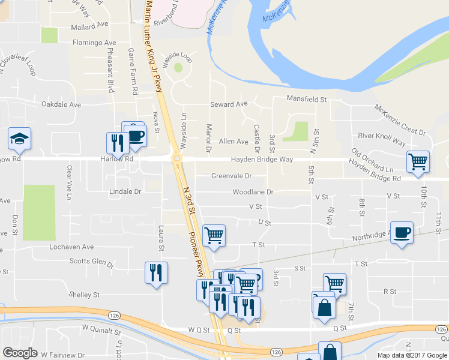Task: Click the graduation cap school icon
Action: (x=19, y=139)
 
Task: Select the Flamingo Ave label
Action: (x=94, y=43)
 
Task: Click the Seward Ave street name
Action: (x=229, y=104)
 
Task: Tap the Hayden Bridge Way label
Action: (x=262, y=160)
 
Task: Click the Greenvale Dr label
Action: (x=231, y=176)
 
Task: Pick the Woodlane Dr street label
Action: (x=253, y=192)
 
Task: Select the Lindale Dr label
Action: (x=125, y=192)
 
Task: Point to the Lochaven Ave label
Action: (x=73, y=247)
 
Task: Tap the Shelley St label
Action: (x=83, y=295)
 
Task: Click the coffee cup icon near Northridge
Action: (x=402, y=233)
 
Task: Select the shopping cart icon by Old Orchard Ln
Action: (x=418, y=160)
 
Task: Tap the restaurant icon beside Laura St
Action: (x=156, y=272)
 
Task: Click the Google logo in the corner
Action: (x=20, y=353)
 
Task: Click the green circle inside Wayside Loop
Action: (x=178, y=67)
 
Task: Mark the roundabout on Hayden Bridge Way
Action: (x=177, y=158)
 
